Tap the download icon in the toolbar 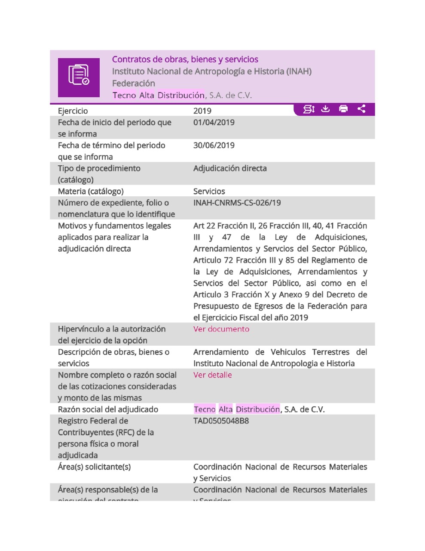(326, 109)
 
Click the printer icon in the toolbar (343, 109)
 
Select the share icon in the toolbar (361, 109)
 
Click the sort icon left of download (309, 109)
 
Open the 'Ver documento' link (221, 329)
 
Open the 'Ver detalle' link (212, 375)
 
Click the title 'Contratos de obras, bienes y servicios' (185, 59)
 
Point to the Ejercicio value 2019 (202, 111)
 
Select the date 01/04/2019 (214, 122)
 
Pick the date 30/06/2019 (214, 145)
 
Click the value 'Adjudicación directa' (230, 168)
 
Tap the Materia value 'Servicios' (209, 191)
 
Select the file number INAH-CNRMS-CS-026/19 (237, 203)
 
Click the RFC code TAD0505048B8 (221, 421)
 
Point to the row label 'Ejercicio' (73, 111)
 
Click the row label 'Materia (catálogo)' (91, 191)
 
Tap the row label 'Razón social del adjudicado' (108, 409)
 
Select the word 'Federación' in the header (134, 84)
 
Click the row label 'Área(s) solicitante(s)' (94, 467)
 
